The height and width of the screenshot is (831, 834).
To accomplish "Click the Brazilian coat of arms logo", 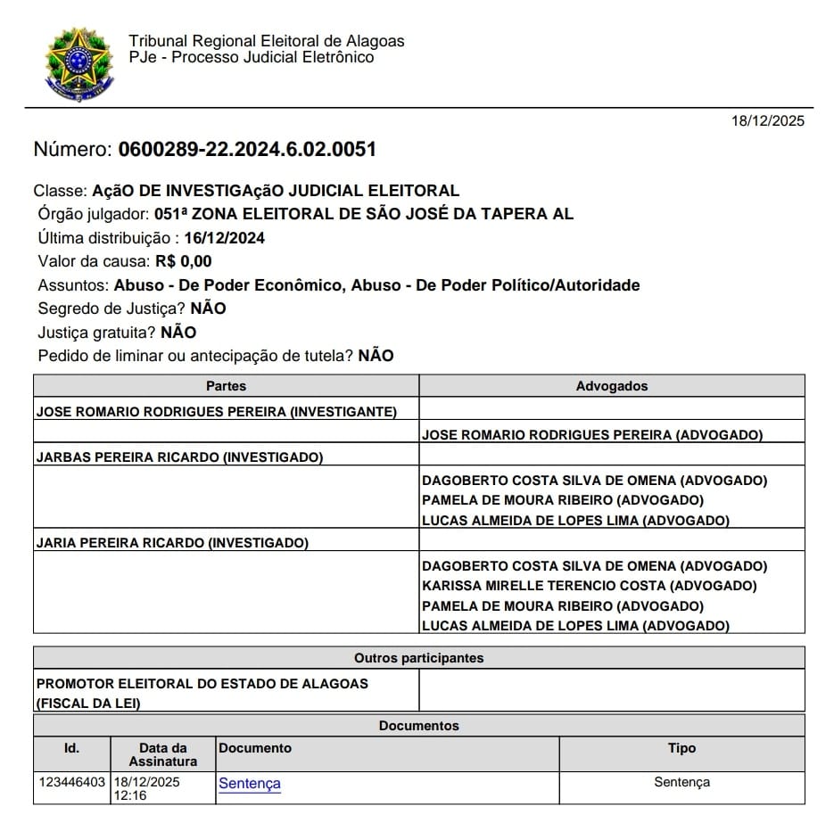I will click(79, 63).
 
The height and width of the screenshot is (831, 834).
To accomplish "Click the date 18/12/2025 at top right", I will click(767, 121).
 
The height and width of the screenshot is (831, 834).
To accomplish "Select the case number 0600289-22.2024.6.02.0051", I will click(247, 149).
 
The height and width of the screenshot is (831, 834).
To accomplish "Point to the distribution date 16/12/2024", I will click(225, 238).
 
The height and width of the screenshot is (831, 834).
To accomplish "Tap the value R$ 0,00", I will click(184, 261).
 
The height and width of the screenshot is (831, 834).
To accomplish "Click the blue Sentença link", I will click(250, 784).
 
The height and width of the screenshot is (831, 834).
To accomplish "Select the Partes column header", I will click(226, 386).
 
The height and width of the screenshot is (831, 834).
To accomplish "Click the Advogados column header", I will click(612, 386).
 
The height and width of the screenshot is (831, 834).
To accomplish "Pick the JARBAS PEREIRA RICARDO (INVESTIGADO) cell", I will click(179, 457).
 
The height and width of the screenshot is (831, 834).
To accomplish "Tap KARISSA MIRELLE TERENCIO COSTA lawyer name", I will click(589, 586).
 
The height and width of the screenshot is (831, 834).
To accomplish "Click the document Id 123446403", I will click(72, 782).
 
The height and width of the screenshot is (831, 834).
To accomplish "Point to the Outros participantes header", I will click(418, 658).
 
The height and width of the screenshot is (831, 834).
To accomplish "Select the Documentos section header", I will click(418, 726).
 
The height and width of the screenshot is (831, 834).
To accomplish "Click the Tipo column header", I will click(681, 748).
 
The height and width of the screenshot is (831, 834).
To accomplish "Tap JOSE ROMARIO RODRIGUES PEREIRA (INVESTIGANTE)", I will click(216, 412).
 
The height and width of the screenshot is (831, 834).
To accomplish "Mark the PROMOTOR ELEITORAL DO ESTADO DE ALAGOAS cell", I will click(202, 684).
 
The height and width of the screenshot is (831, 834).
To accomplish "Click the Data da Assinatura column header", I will click(163, 754).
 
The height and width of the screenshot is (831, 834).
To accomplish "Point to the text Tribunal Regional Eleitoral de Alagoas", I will click(266, 41).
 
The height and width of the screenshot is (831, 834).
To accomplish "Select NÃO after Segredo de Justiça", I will click(208, 309).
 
